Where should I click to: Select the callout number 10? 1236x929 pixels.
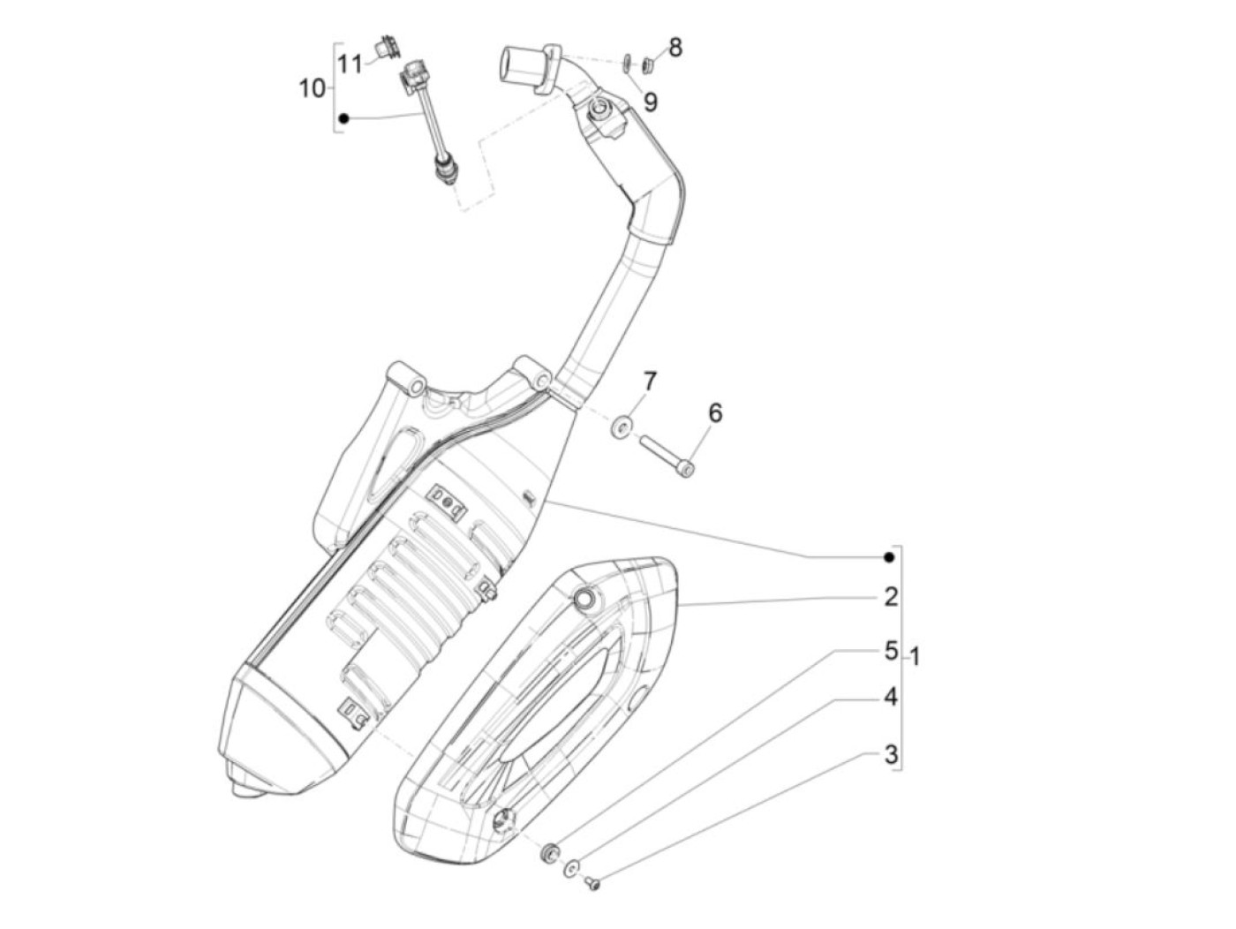tap(313, 88)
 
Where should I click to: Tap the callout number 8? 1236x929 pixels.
tap(675, 47)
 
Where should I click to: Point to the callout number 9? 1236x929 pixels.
tap(651, 102)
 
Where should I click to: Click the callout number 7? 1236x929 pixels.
tap(650, 382)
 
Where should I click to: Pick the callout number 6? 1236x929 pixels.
tap(715, 412)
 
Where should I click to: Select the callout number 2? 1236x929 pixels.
tap(891, 597)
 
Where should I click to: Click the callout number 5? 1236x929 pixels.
tap(891, 651)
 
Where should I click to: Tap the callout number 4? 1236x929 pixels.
tap(891, 697)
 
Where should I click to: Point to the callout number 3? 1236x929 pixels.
tap(891, 754)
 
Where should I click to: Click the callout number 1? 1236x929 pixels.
tap(915, 657)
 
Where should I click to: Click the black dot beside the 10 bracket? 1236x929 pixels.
tap(344, 117)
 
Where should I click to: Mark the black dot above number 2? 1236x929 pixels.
tap(890, 557)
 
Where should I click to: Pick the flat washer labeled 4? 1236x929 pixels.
tap(572, 870)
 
